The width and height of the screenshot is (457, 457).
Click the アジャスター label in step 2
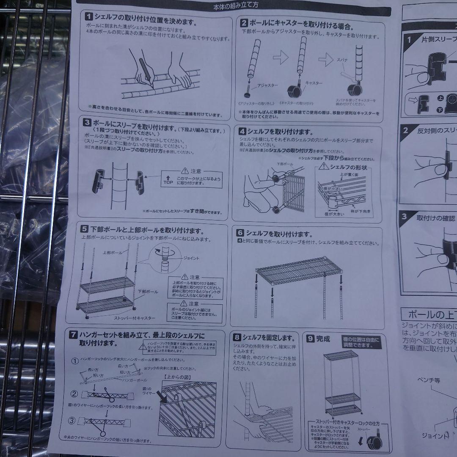click(267, 85)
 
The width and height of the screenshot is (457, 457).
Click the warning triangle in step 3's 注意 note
click(184, 171)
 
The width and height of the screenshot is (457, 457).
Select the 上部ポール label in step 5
click(113, 253)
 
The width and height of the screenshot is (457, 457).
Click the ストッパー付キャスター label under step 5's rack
click(135, 317)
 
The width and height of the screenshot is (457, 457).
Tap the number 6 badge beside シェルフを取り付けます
click(240, 233)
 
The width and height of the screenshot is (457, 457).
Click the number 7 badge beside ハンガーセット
click(73, 335)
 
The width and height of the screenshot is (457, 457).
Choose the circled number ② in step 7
click(74, 394)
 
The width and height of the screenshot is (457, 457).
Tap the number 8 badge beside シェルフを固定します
click(237, 337)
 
